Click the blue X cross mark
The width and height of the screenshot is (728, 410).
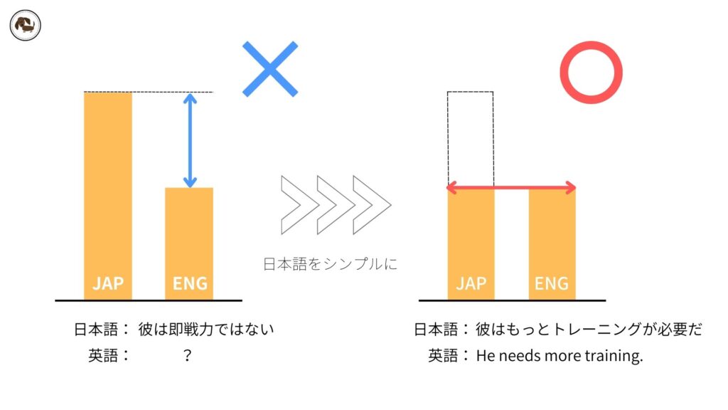pyautogui.click(x=270, y=69)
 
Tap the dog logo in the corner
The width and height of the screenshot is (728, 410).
pyautogui.click(x=26, y=26)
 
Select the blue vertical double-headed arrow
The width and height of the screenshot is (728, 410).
pyautogui.click(x=190, y=140)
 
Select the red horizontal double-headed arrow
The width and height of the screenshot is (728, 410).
pyautogui.click(x=510, y=188)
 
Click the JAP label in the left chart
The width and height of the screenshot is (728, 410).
pyautogui.click(x=108, y=283)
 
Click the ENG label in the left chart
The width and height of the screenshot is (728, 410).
pyautogui.click(x=190, y=283)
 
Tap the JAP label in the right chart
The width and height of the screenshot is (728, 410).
pyautogui.click(x=471, y=283)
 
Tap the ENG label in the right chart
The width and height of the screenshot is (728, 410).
pyautogui.click(x=552, y=283)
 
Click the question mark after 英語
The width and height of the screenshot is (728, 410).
pyautogui.click(x=187, y=355)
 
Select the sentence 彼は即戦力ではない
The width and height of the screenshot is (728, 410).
pyautogui.click(x=206, y=330)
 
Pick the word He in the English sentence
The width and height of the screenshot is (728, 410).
pyautogui.click(x=485, y=355)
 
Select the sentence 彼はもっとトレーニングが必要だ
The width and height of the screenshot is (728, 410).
pyautogui.click(x=589, y=330)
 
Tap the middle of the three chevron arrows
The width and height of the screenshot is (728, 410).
pyautogui.click(x=336, y=204)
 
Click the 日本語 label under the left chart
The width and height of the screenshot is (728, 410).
pyautogui.click(x=97, y=330)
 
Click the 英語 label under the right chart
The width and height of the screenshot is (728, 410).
pyautogui.click(x=444, y=355)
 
